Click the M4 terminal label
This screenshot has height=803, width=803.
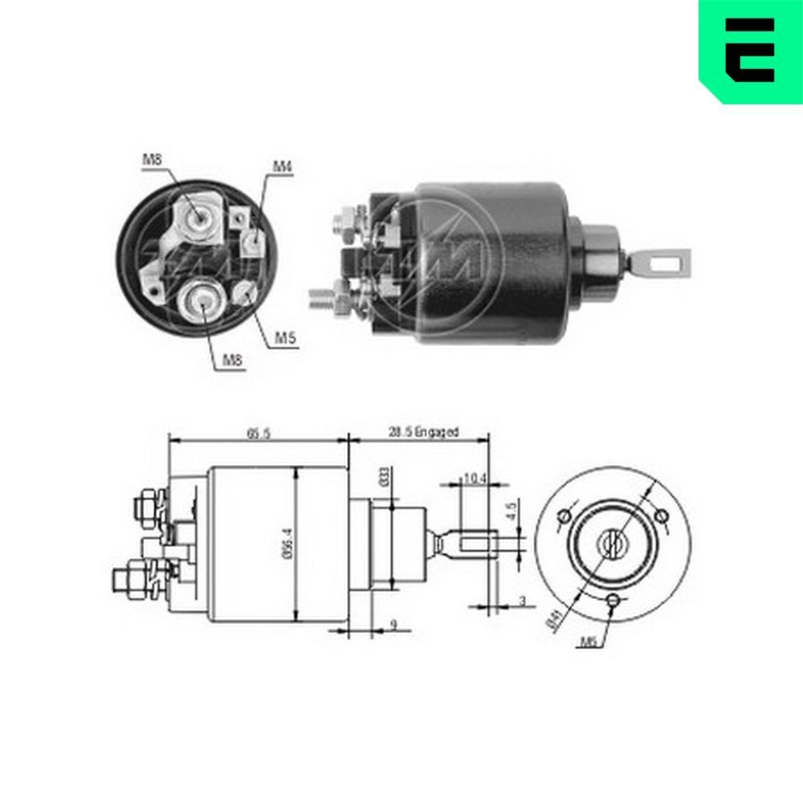click(x=282, y=166)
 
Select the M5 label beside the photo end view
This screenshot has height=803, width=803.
click(x=286, y=339)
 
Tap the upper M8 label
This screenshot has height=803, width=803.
click(x=152, y=160)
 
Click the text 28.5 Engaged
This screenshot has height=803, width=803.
click(x=423, y=432)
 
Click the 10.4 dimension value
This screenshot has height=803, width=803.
click(x=475, y=479)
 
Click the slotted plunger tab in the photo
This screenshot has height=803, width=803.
click(x=666, y=259)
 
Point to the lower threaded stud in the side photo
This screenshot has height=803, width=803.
click(x=321, y=298)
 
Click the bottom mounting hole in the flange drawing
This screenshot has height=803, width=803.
click(x=613, y=600)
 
